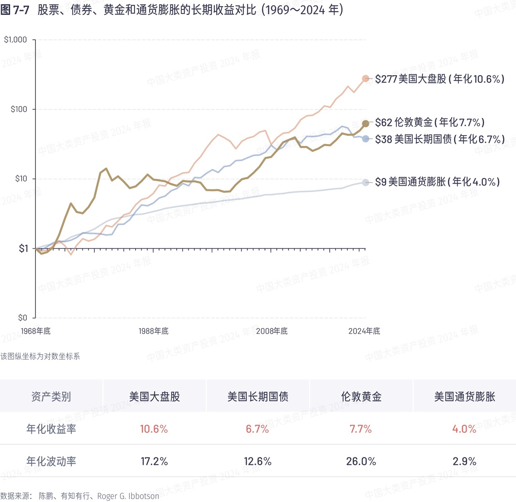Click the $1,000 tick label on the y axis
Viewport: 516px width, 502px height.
(15, 39)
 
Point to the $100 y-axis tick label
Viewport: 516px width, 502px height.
(19, 109)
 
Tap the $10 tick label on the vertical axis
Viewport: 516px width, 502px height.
(21, 178)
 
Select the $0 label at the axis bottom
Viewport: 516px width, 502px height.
(23, 318)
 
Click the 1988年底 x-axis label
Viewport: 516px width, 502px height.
(153, 331)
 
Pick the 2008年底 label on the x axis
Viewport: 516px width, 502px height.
(272, 331)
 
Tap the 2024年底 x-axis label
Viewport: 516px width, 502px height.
(364, 331)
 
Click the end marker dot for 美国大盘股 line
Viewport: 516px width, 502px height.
(366, 79)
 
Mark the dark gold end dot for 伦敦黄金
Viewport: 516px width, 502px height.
(366, 124)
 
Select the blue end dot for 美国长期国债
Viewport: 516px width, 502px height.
(366, 139)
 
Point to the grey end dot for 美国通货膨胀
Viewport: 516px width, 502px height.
(366, 182)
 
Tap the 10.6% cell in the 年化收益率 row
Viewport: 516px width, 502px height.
(154, 429)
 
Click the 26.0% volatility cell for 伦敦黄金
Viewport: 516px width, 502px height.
(361, 461)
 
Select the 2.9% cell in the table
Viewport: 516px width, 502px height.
(464, 461)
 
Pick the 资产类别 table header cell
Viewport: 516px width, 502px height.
(51, 397)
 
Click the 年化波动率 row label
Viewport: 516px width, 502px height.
(51, 461)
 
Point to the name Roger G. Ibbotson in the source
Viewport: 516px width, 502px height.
(128, 496)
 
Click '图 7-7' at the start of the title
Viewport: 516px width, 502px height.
(15, 10)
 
